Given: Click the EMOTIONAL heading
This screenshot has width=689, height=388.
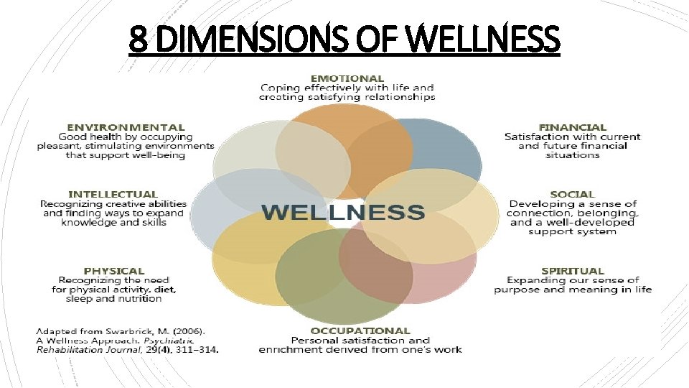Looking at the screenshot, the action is (347, 78).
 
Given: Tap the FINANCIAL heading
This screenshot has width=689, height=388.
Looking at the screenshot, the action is (573, 127).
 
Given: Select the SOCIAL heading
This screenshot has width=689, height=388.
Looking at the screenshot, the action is (573, 194).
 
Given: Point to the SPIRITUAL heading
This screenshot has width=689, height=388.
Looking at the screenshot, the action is (573, 271).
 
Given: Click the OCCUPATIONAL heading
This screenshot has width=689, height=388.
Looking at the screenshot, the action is (360, 331).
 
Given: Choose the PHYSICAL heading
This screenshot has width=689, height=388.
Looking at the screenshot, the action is (114, 271).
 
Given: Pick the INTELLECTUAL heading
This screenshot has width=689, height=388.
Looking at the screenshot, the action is (113, 194).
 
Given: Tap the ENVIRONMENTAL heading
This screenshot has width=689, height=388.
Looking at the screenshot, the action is (126, 127).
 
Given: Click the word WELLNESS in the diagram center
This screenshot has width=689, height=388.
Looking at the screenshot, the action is (343, 212).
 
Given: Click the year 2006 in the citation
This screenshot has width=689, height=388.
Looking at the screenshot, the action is (189, 331).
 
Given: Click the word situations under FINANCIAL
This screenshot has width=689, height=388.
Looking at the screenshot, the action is (572, 155).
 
